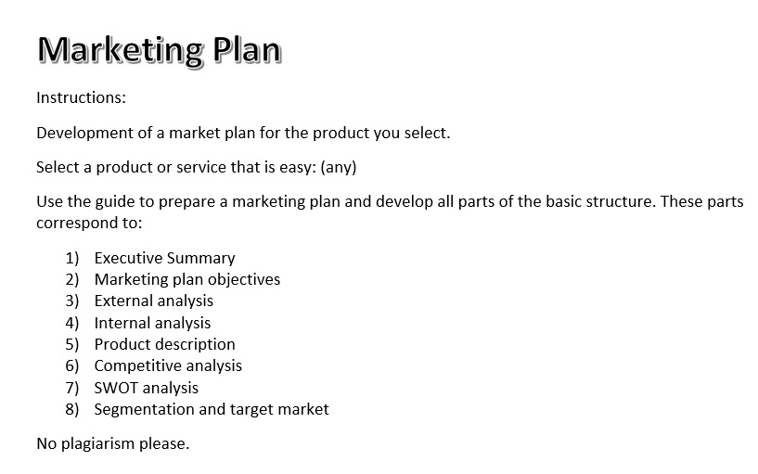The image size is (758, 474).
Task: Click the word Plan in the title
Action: [x=246, y=49]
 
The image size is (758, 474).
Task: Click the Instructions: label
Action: [x=81, y=97]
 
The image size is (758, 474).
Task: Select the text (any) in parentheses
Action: [x=337, y=168]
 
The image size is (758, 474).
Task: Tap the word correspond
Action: [x=75, y=224]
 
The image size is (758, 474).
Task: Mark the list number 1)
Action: [x=72, y=258]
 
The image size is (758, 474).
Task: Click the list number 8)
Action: [x=72, y=409]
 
